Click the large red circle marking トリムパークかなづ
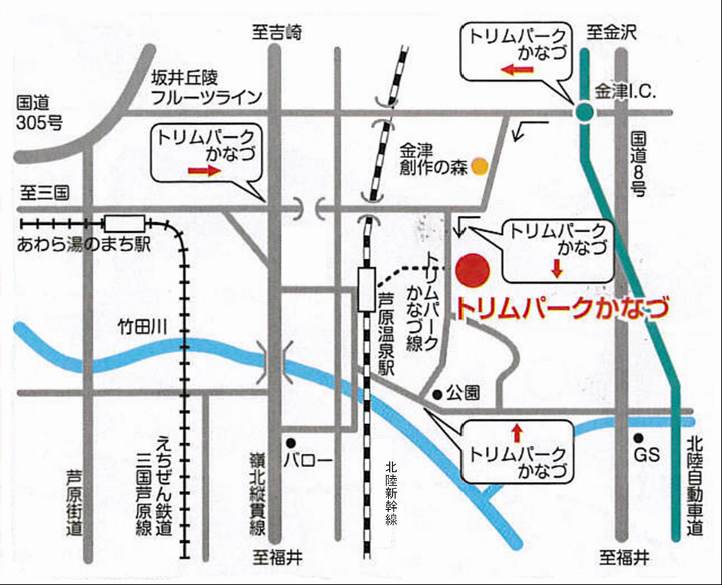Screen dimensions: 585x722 [472, 270]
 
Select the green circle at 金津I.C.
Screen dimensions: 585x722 [584, 111]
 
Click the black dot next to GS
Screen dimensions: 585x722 [637, 438]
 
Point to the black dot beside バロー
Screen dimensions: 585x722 [290, 443]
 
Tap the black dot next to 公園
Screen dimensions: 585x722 [437, 394]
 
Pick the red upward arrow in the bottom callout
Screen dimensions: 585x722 [517, 432]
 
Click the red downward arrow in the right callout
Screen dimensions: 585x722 [557, 267]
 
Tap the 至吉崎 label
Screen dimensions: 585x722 [277, 32]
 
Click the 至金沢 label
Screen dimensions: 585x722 [612, 32]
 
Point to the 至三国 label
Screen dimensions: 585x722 [44, 193]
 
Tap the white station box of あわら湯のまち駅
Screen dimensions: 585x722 [125, 224]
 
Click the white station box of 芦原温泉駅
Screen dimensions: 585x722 [366, 289]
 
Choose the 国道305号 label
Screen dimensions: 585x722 [39, 113]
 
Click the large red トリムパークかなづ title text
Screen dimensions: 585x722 [561, 308]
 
